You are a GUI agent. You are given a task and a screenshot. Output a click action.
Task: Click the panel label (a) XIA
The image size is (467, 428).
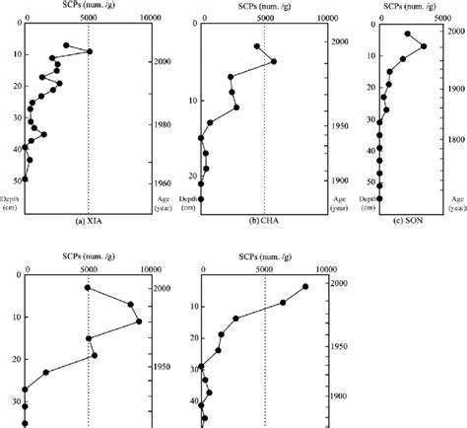pos(89,220)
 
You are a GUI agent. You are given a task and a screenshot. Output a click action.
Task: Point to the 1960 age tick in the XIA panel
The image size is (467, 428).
pos(164,183)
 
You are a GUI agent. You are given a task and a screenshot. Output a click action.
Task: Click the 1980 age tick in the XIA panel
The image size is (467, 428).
pos(164,125)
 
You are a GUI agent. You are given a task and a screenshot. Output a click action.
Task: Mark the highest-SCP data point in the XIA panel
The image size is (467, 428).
pos(90,51)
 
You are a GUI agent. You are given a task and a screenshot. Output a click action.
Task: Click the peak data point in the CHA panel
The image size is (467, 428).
pos(273,61)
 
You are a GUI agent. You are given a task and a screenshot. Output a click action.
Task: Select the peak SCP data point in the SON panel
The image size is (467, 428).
pos(424,46)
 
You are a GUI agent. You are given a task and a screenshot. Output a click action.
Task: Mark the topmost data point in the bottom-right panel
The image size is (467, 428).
pos(304,286)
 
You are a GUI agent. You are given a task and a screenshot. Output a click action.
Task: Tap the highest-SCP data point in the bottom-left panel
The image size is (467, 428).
pos(139,321)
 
